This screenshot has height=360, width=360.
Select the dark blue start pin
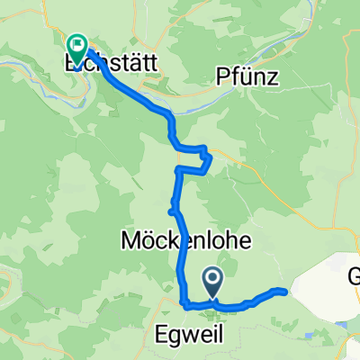213,282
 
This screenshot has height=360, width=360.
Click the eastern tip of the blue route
285,291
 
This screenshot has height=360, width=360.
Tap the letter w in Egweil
179,333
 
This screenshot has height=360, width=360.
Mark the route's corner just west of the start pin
186,305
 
